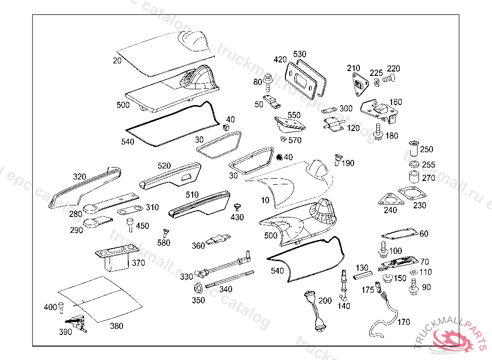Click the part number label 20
coord(117,60)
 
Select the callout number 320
coord(80,177)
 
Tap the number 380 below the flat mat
coord(116,326)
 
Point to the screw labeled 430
coord(236,206)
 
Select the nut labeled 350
coord(197,289)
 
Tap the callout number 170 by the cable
coord(404,322)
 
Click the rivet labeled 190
coord(338,160)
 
